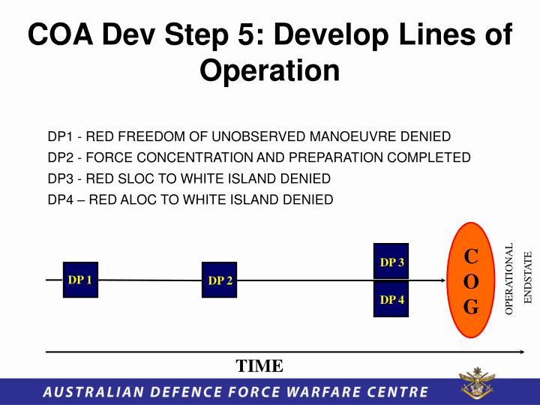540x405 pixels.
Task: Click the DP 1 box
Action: pyautogui.click(x=80, y=280)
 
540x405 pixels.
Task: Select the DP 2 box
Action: pyautogui.click(x=220, y=280)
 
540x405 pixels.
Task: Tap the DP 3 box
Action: pyautogui.click(x=391, y=262)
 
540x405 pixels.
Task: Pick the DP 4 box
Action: pyautogui.click(x=391, y=299)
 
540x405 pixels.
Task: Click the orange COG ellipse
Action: pyautogui.click(x=471, y=280)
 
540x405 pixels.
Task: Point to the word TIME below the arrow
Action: pyautogui.click(x=259, y=366)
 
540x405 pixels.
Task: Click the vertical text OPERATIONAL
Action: pyautogui.click(x=509, y=279)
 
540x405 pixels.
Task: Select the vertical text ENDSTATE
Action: pyautogui.click(x=527, y=277)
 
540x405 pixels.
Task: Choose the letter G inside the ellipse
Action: pyautogui.click(x=471, y=307)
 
